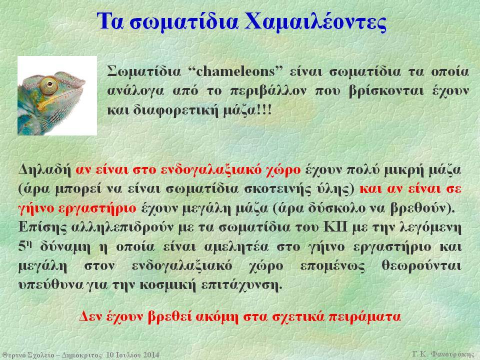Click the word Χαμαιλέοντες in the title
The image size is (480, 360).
(x=315, y=21)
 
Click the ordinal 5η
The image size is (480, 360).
(x=25, y=246)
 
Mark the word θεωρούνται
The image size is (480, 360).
(x=421, y=266)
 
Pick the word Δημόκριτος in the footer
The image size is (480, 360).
(x=81, y=355)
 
